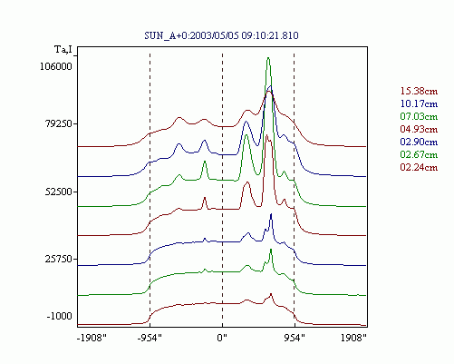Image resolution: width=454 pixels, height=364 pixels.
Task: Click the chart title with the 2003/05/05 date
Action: (x=221, y=35)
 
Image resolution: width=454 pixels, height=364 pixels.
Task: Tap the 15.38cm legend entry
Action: (x=419, y=91)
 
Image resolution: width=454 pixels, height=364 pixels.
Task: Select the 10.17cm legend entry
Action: (x=419, y=103)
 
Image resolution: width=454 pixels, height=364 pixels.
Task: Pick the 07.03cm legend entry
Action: (x=419, y=116)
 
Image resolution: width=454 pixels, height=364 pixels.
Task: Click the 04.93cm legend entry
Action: (x=419, y=129)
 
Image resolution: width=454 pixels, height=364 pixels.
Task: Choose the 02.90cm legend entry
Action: (x=419, y=142)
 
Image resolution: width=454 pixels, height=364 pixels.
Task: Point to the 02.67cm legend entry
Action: (x=419, y=154)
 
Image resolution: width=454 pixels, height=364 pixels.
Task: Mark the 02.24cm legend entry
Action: (x=419, y=167)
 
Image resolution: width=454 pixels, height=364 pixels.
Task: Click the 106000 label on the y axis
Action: (x=56, y=66)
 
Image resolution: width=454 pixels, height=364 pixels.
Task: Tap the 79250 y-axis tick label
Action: (x=59, y=124)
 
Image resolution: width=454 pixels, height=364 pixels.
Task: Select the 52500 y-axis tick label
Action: (x=59, y=192)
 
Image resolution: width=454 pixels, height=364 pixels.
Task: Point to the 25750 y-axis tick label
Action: (x=59, y=260)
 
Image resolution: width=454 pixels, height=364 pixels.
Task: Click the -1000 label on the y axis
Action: (x=60, y=316)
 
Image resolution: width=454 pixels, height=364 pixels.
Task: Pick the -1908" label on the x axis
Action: (x=92, y=338)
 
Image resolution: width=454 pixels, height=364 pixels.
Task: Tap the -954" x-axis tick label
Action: (x=150, y=338)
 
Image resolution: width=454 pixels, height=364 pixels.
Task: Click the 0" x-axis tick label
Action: (x=222, y=338)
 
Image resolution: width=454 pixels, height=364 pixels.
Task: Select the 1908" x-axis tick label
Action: (x=353, y=338)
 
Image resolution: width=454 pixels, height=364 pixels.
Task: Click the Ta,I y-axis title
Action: (x=63, y=49)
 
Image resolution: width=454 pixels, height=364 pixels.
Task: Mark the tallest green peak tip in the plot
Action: (x=268, y=57)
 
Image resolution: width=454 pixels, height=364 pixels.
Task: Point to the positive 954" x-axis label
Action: (x=295, y=338)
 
